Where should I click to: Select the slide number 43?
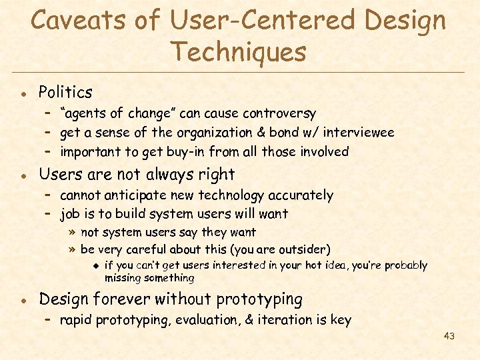pos(449,336)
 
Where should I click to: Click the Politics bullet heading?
pos(65,92)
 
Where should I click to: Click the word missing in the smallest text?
pos(125,278)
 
